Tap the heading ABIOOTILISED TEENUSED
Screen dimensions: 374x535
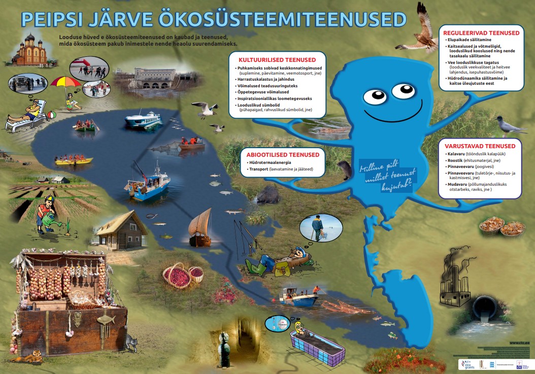283,155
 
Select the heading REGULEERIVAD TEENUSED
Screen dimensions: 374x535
481,32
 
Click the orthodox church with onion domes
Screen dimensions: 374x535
29,50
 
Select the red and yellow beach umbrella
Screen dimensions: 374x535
65,82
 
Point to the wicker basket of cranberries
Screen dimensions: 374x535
177,276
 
